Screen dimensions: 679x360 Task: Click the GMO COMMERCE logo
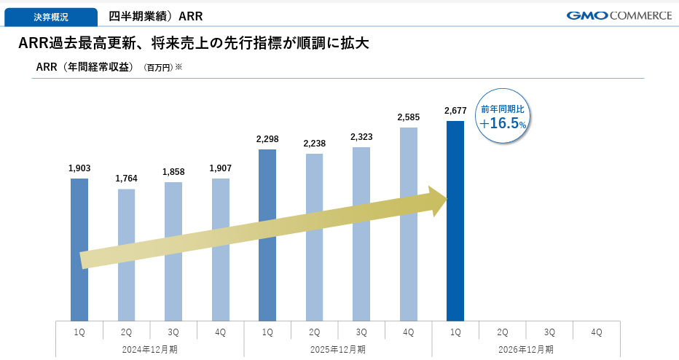click(619, 15)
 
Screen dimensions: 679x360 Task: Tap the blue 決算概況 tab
click(51, 17)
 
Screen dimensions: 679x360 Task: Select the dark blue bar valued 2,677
click(455, 221)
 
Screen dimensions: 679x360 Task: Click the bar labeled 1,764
click(127, 255)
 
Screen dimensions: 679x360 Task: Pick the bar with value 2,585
click(409, 224)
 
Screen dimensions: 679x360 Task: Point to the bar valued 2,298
click(267, 235)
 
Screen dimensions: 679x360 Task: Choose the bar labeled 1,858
click(173, 251)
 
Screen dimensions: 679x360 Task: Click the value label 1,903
click(79, 168)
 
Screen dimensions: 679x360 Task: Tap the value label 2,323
click(361, 137)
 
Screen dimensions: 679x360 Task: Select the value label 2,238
click(315, 144)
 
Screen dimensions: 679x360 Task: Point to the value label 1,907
click(221, 168)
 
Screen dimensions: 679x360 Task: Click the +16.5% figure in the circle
click(503, 123)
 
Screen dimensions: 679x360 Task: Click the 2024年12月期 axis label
click(150, 350)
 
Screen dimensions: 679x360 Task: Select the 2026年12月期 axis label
click(526, 350)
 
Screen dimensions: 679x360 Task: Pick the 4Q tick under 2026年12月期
click(596, 332)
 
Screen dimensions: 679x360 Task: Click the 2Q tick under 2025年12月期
click(315, 332)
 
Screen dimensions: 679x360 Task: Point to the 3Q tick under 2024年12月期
click(173, 332)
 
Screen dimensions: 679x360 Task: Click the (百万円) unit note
click(159, 68)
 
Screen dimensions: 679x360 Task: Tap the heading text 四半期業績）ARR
click(155, 17)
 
